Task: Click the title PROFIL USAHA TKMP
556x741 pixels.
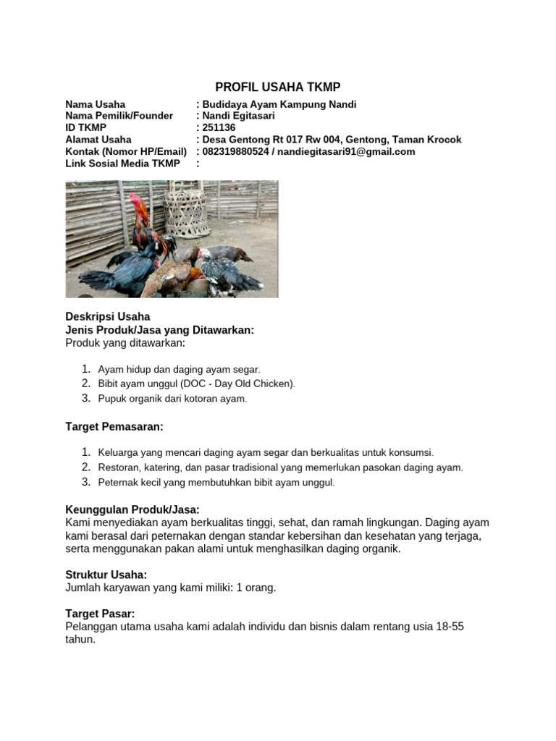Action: (x=278, y=88)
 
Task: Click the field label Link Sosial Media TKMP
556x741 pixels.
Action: (x=122, y=164)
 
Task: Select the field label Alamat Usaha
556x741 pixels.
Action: (x=98, y=140)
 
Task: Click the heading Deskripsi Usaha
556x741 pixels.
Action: (x=108, y=316)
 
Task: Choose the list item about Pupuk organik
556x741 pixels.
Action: (x=172, y=399)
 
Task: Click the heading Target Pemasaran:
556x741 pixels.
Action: (x=114, y=427)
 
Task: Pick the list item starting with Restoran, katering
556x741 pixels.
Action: (x=280, y=467)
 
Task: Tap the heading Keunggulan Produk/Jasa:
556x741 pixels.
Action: (x=132, y=510)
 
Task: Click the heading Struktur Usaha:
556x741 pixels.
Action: (x=106, y=575)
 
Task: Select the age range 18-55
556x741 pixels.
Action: (x=447, y=627)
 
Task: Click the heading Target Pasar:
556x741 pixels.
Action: (x=101, y=614)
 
